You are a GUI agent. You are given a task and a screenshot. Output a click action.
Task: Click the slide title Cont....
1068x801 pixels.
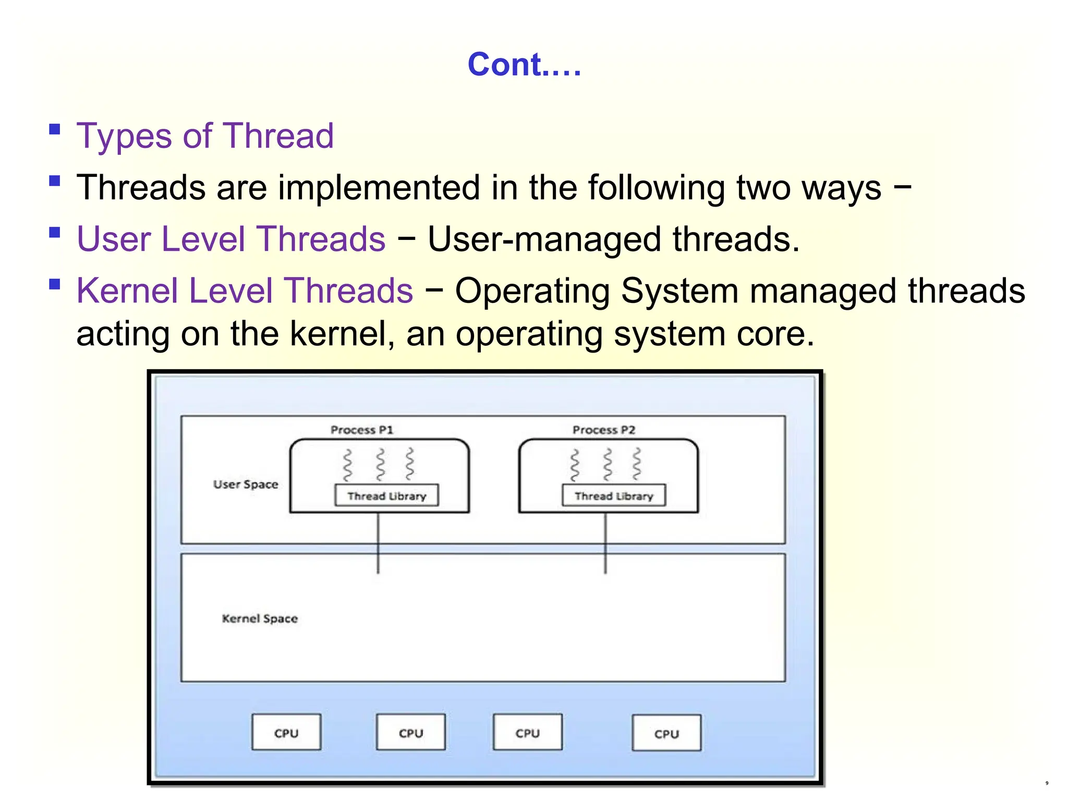[524, 65]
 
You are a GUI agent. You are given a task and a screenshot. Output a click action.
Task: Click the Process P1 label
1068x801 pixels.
[361, 430]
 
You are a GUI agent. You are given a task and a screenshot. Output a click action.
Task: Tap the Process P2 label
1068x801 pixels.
[603, 430]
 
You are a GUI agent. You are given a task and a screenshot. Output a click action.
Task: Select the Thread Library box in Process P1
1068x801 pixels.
[386, 495]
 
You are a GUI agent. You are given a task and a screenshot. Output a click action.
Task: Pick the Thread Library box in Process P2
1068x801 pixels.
[614, 495]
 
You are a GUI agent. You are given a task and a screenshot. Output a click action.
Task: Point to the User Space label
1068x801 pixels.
[246, 484]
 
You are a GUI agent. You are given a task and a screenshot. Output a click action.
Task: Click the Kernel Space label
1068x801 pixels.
[260, 618]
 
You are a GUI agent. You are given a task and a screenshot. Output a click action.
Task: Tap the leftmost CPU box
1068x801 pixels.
[286, 733]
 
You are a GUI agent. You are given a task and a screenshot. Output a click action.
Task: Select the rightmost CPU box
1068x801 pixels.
[666, 733]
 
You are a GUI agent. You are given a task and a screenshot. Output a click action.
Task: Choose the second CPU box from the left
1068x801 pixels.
[411, 733]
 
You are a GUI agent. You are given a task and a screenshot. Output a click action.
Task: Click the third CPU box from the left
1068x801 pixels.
[528, 733]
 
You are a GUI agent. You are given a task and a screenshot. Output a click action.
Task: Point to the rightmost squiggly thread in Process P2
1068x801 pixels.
[637, 464]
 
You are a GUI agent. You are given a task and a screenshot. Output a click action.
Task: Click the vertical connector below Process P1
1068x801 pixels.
[378, 542]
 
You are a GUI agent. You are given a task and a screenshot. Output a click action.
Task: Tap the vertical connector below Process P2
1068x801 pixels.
[605, 542]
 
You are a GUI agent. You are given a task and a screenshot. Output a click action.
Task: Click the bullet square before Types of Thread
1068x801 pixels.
[55, 129]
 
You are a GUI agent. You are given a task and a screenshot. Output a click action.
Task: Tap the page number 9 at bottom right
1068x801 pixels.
[1047, 783]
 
